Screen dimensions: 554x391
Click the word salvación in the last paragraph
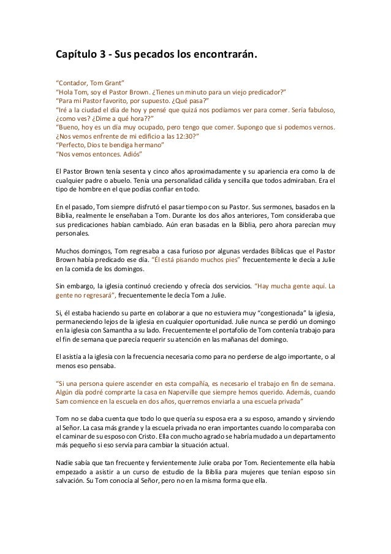(x=74, y=480)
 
